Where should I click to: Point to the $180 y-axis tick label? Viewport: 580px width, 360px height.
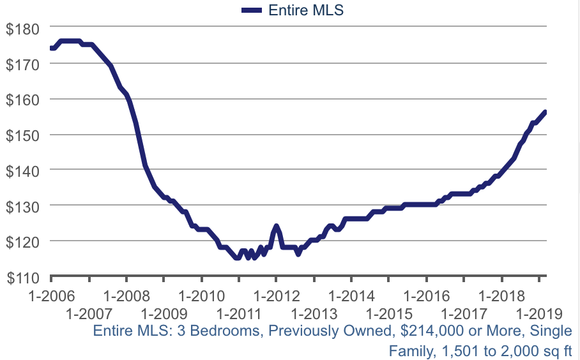23,29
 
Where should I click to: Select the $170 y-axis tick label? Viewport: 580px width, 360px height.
23,64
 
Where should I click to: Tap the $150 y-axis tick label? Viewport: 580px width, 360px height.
23,135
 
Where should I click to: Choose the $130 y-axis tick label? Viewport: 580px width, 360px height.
23,206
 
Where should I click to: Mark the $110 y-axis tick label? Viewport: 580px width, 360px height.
23,277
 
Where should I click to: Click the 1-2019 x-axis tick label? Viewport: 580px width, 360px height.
539,313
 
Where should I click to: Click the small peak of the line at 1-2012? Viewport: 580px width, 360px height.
276,226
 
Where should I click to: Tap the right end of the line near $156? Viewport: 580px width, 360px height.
545,112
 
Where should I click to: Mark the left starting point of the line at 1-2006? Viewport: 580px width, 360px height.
51,48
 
